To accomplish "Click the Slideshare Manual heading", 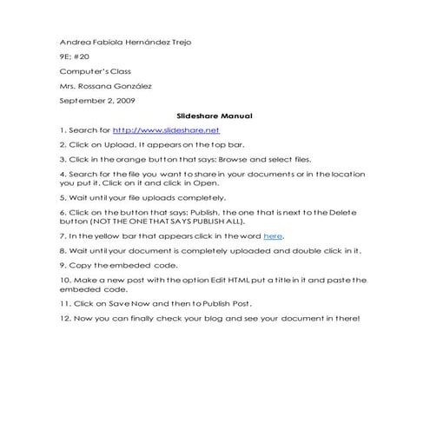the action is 214,115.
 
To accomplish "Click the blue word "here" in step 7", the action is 273,235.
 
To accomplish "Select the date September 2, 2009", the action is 96,100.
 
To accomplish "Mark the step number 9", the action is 63,264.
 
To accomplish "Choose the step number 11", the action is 65,303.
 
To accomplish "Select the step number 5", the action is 63,197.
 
